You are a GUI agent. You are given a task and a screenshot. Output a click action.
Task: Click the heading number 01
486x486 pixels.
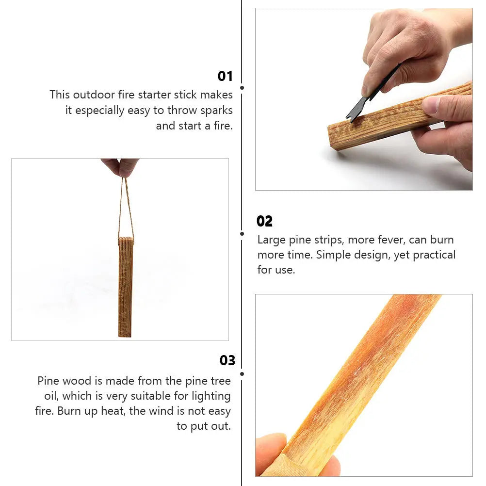(x=225, y=76)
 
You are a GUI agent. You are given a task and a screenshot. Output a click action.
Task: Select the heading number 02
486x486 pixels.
(x=264, y=221)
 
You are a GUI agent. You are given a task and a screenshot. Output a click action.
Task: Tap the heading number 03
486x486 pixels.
(x=227, y=360)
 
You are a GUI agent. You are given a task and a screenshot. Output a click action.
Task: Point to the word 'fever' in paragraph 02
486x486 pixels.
(x=389, y=240)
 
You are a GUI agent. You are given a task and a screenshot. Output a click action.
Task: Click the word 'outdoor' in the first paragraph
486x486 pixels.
(x=94, y=95)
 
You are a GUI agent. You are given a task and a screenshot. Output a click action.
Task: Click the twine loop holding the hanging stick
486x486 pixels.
(x=126, y=209)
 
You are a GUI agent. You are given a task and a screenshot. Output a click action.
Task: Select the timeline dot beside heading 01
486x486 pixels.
(x=242, y=88)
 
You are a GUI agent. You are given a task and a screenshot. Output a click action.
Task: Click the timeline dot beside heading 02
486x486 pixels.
(x=242, y=233)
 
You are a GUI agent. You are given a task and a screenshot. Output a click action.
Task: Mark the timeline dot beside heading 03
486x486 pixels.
(x=242, y=373)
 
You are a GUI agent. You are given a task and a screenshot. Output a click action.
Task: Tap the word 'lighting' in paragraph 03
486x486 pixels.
(x=211, y=396)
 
